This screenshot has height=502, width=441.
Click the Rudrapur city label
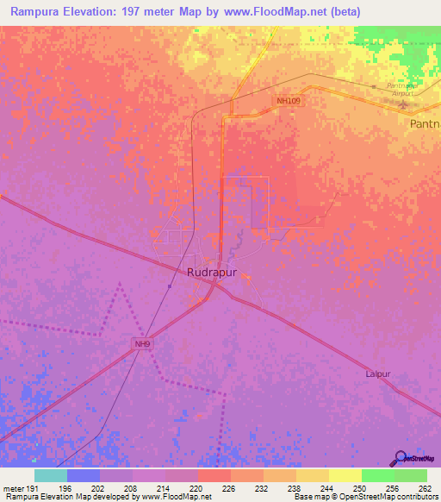[212, 272]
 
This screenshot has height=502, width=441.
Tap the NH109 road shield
[289, 101]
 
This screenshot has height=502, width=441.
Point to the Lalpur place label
[379, 374]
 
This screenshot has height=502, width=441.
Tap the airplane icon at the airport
[406, 104]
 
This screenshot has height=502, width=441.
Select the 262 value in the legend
[424, 487]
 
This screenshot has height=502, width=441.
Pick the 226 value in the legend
[227, 487]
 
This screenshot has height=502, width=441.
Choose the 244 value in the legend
[326, 487]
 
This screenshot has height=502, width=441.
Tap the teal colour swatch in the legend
[51, 475]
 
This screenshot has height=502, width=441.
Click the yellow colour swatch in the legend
[345, 475]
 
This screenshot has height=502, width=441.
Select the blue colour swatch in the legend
[84, 475]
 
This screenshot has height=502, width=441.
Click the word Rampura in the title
[31, 12]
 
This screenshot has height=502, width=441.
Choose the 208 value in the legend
[129, 487]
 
